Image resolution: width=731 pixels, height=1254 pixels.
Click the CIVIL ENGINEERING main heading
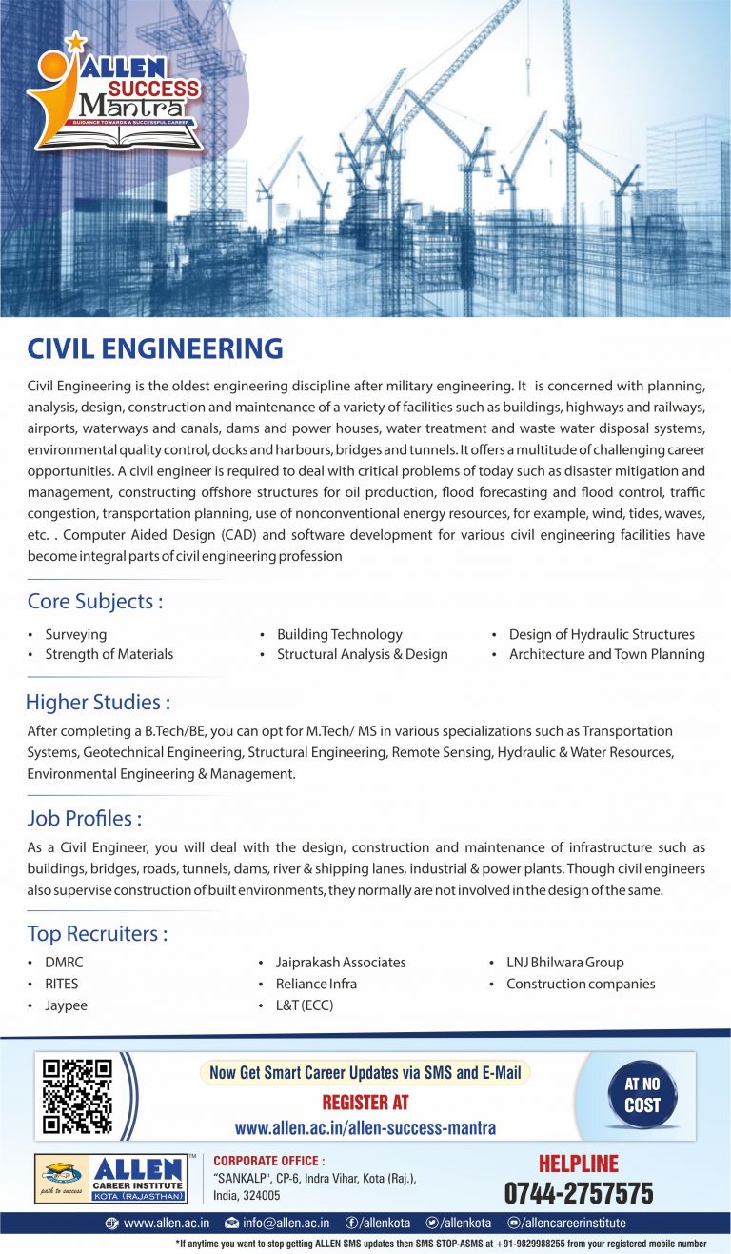point(155,348)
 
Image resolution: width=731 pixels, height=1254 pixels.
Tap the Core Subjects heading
point(94,602)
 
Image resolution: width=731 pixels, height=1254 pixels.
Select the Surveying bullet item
point(75,634)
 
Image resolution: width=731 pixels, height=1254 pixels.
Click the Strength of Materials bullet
point(109,654)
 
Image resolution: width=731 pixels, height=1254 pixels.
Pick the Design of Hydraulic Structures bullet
point(602,634)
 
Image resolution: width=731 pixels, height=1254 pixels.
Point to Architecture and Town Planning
point(606,654)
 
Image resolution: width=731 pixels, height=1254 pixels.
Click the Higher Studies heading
point(98,703)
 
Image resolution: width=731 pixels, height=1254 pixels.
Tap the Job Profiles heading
point(85,818)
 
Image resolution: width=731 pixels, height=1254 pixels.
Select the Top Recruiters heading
point(97,933)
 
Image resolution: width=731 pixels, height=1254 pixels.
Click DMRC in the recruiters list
point(64,962)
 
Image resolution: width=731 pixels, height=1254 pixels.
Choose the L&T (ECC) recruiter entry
point(305,1005)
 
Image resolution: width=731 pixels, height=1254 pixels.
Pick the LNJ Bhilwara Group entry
point(565,962)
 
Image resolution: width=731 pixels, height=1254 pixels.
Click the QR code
point(78,1096)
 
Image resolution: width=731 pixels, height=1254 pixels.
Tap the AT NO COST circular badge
point(642,1095)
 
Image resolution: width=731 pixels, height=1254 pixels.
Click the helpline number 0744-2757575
point(579,1193)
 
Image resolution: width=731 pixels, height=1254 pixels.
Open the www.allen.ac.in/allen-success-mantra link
point(365,1127)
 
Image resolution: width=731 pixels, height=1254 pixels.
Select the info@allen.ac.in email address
point(286,1223)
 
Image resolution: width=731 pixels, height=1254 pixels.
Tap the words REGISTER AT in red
point(365,1102)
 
